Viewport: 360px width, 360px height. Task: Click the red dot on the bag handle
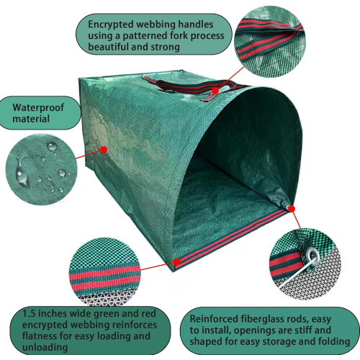coord(215,91)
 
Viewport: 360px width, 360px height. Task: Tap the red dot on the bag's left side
coord(104,150)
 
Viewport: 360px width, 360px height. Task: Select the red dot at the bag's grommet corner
coord(292,209)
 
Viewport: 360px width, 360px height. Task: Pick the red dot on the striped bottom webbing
coord(176,261)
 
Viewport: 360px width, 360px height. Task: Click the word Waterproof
coord(38,107)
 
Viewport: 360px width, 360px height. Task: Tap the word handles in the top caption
coord(196,24)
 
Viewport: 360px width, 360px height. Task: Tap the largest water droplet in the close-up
coord(21,173)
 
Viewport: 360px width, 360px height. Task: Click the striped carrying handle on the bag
coord(192,87)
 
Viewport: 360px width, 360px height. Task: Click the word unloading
coord(45,347)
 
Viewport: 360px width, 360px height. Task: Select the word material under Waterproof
coord(31,119)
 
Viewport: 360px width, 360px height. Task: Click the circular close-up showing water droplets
coord(41,170)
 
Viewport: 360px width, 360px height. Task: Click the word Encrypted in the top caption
coord(111,24)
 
